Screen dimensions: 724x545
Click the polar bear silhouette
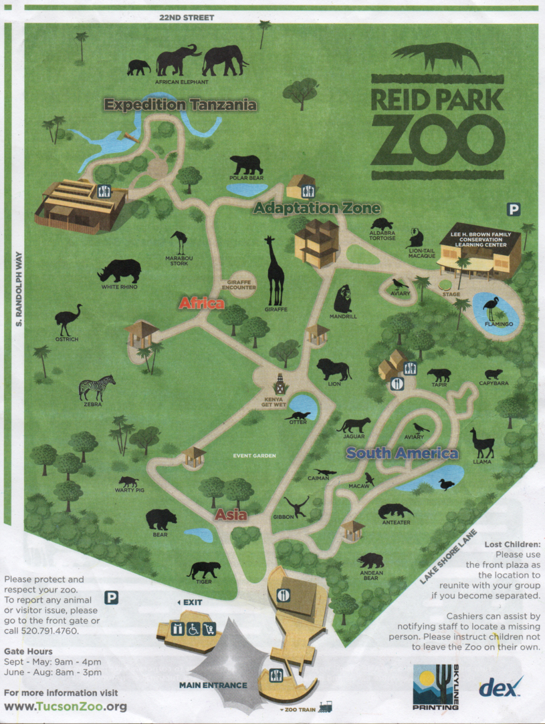click(246, 164)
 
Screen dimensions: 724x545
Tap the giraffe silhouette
click(275, 270)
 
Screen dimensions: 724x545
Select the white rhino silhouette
click(120, 270)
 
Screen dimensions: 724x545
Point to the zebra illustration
click(96, 387)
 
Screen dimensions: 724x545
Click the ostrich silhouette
click(68, 319)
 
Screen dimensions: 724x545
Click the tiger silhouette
click(204, 570)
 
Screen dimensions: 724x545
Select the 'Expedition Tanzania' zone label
click(181, 105)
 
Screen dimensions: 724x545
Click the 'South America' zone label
click(403, 454)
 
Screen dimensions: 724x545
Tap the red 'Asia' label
click(231, 515)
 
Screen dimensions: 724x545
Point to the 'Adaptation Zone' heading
click(317, 208)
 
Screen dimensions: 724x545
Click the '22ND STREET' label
click(187, 17)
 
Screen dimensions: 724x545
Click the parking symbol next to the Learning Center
click(514, 210)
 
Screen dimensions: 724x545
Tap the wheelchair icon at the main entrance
click(193, 628)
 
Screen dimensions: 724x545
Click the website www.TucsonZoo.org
click(66, 706)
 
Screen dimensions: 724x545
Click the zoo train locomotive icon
click(326, 707)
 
